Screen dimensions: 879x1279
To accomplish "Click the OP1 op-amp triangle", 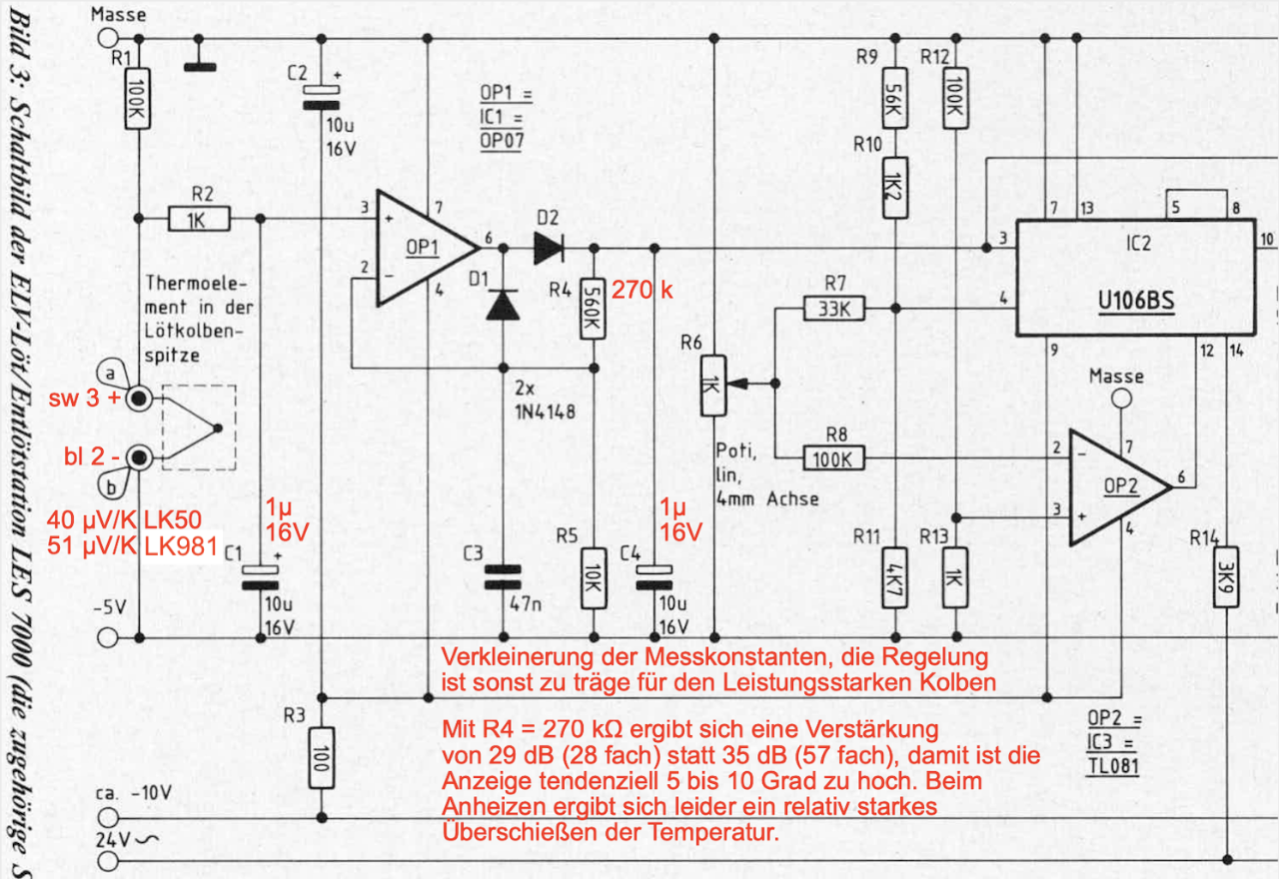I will (420, 247).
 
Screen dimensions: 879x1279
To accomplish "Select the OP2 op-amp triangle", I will (1114, 487).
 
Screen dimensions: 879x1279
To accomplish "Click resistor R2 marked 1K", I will (199, 219).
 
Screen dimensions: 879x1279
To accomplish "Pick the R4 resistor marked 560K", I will (594, 307).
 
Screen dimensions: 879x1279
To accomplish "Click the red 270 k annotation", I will (642, 291).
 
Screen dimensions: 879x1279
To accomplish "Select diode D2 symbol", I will (549, 247).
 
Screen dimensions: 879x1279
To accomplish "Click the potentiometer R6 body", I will (712, 385).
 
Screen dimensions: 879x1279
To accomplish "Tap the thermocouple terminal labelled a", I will (138, 398).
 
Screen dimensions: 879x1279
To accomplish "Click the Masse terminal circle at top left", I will (108, 39).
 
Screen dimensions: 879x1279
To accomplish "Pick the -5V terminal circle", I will (108, 637).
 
